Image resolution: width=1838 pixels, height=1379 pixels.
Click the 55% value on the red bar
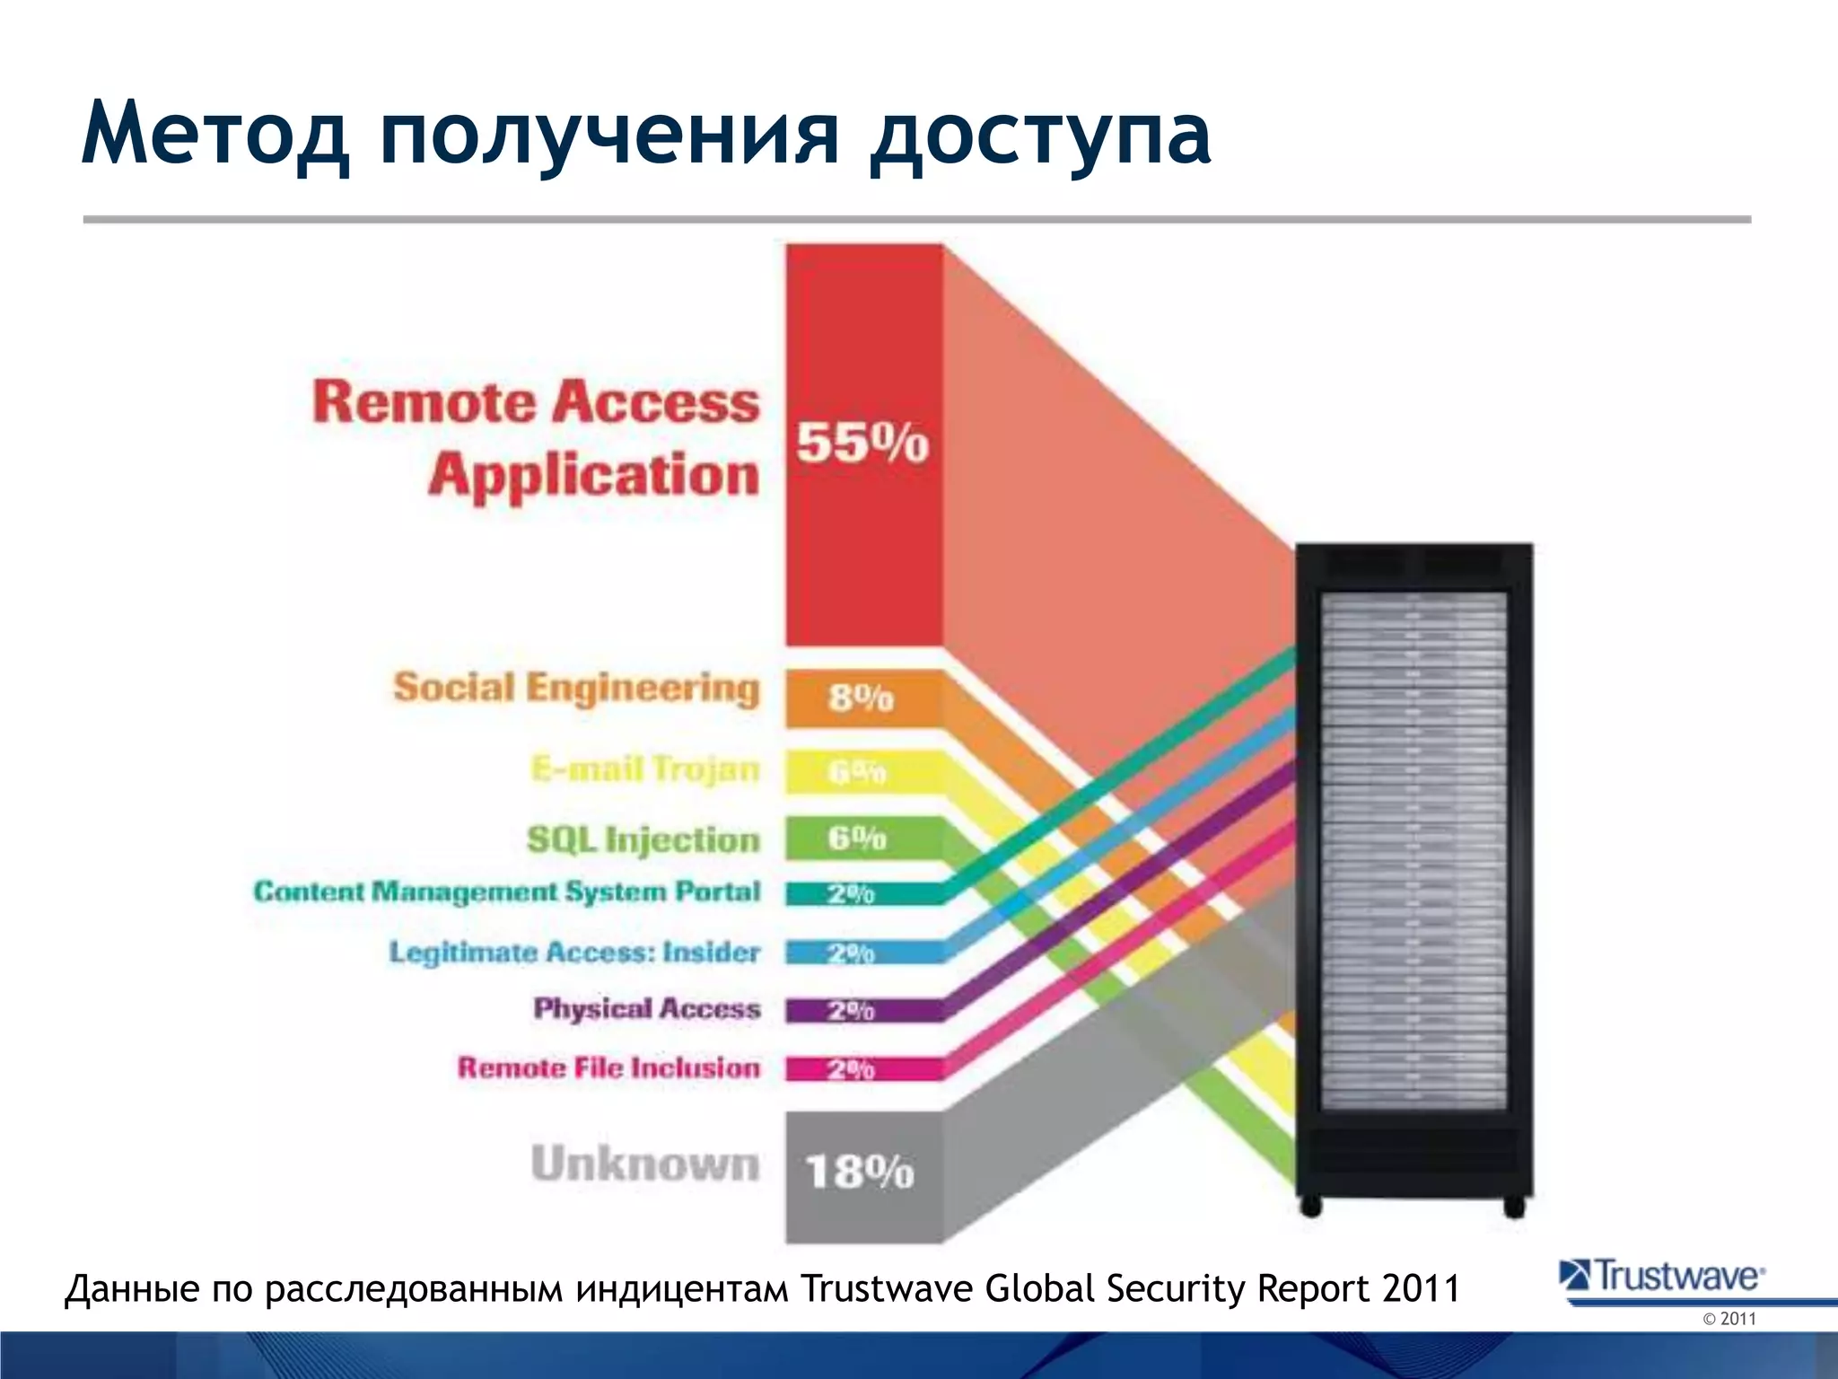[x=862, y=444]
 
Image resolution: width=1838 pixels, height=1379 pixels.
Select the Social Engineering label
[x=576, y=689]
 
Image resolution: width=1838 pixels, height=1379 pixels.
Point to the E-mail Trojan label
[x=645, y=769]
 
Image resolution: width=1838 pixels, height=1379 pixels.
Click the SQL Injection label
[x=643, y=839]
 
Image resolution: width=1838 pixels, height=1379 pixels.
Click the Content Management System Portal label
[x=507, y=892]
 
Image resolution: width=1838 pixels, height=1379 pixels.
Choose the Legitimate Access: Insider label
[x=574, y=952]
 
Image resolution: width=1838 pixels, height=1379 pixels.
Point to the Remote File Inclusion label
[x=608, y=1067]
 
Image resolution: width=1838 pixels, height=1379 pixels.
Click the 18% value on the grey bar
[x=860, y=1173]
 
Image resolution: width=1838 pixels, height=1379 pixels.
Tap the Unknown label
[x=645, y=1164]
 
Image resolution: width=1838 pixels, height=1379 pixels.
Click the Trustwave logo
[x=1663, y=1277]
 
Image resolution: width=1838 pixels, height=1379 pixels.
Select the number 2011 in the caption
[x=1422, y=1288]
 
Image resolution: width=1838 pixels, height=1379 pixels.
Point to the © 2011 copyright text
[x=1729, y=1319]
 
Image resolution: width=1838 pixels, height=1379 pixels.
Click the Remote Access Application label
[x=537, y=438]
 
